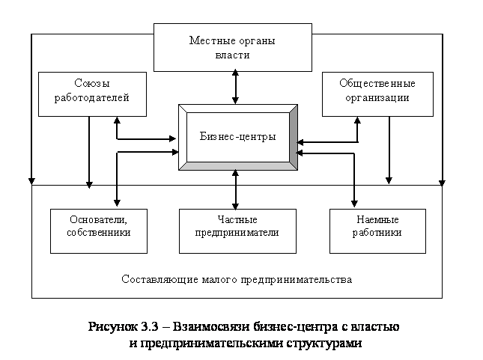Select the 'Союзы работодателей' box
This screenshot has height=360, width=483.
[x=92, y=94]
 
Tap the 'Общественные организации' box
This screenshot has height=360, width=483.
[x=377, y=94]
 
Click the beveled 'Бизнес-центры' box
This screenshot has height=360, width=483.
[x=237, y=137]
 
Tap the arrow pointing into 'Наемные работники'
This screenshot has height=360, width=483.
[x=354, y=198]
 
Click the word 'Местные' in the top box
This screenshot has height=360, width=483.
[x=207, y=40]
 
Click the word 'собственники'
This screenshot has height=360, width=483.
[x=98, y=233]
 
